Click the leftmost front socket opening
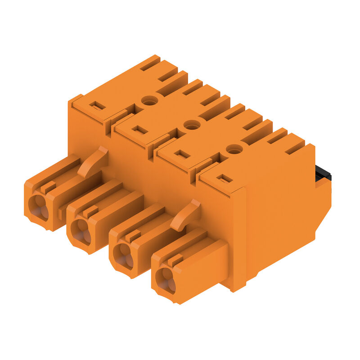click(x=38, y=207)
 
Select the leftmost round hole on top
click(x=149, y=100)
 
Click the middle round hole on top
click(x=192, y=125)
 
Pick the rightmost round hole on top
click(x=234, y=149)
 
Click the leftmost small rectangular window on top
click(x=97, y=106)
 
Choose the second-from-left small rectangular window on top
click(x=139, y=130)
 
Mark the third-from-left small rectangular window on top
click(x=182, y=154)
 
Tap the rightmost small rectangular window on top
click(x=224, y=179)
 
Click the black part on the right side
click(x=323, y=173)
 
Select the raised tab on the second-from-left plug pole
click(x=91, y=211)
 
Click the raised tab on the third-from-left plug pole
click(x=133, y=235)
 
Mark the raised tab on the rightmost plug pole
click(x=175, y=260)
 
